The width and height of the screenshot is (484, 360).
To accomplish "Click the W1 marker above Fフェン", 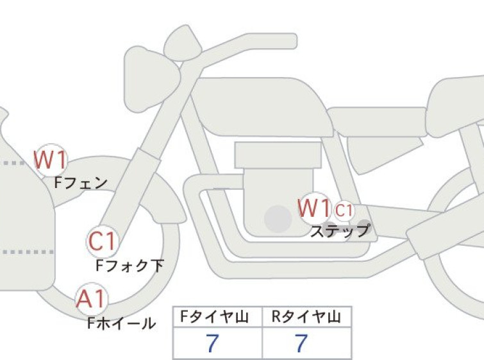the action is pyautogui.click(x=50, y=160).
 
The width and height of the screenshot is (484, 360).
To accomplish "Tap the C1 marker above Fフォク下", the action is pyautogui.click(x=102, y=241).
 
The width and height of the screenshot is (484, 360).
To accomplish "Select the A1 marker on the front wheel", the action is pyautogui.click(x=92, y=299).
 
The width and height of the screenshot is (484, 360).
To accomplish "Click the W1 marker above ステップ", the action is pyautogui.click(x=315, y=209).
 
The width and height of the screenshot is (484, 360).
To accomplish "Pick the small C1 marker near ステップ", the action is pyautogui.click(x=344, y=210).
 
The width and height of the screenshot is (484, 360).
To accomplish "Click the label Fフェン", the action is pyautogui.click(x=81, y=183).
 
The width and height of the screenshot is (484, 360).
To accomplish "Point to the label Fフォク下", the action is pyautogui.click(x=129, y=266).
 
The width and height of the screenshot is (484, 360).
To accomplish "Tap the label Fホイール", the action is pyautogui.click(x=121, y=323).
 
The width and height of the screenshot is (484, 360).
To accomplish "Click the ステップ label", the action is pyautogui.click(x=340, y=230).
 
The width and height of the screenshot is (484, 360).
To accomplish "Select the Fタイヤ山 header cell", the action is pyautogui.click(x=217, y=316).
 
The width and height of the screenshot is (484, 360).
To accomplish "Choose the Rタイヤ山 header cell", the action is pyautogui.click(x=306, y=316).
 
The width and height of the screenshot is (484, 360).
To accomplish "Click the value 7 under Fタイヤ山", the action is pyautogui.click(x=212, y=343).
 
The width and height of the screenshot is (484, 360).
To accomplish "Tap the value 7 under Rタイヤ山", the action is pyautogui.click(x=301, y=343).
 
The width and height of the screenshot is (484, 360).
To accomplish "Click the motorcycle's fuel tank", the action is pyautogui.click(x=262, y=107).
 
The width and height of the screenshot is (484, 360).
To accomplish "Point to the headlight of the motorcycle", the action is pyautogui.click(x=151, y=79).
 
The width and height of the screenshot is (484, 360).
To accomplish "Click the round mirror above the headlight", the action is pyautogui.click(x=183, y=42).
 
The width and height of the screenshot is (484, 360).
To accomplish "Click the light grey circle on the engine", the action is pyautogui.click(x=278, y=219).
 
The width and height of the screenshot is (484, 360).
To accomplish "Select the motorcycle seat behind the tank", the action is pyautogui.click(x=377, y=122).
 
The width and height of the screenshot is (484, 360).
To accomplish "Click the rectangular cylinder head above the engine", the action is pyautogui.click(x=278, y=155).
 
